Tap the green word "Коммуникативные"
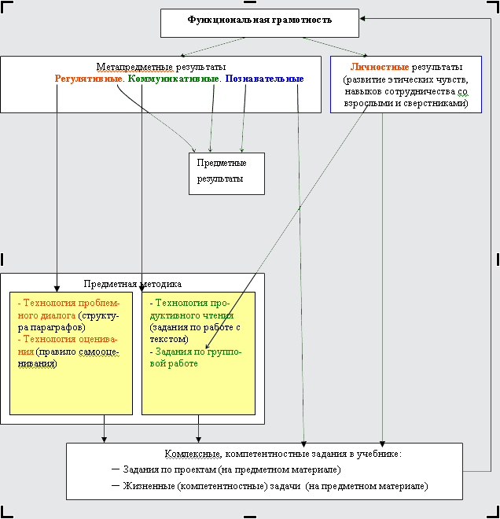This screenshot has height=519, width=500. (173, 79)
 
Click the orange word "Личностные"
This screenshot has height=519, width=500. (380, 67)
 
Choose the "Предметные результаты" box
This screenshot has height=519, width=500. (226, 171)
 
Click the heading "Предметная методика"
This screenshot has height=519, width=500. (132, 284)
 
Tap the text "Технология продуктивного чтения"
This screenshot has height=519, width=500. (197, 308)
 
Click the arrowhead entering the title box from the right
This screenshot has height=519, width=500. (364, 18)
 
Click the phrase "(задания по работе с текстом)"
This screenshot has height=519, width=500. (194, 333)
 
